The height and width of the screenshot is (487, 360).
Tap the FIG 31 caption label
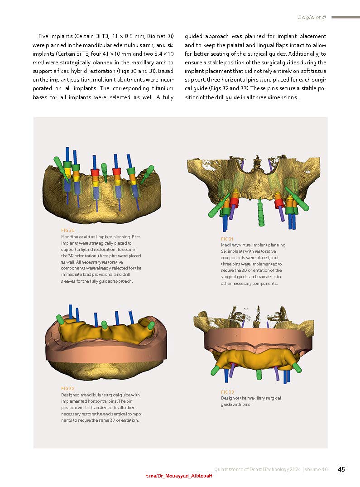[x=227, y=239]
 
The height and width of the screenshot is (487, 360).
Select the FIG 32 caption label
[x=67, y=389]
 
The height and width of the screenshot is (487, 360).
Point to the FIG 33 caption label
[x=227, y=392]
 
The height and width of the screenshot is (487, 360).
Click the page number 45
[x=341, y=469]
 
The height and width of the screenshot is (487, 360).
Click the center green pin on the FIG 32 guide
[x=105, y=325]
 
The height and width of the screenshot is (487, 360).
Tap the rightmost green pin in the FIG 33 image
[x=297, y=367]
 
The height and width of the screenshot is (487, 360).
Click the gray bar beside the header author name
[x=346, y=17]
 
